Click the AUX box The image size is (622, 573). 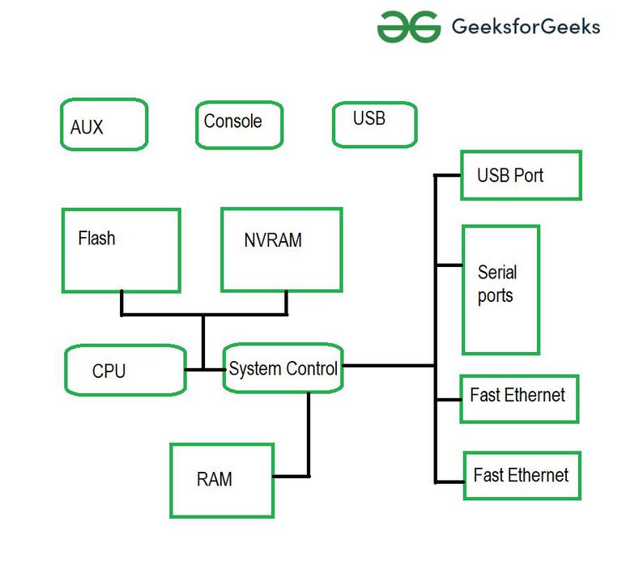tap(104, 125)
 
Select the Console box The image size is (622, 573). tap(239, 124)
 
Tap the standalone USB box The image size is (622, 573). tap(374, 124)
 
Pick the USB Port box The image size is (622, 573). tap(521, 175)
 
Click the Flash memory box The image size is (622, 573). tap(121, 250)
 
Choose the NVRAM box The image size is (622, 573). tap(281, 248)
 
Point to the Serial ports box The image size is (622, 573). tap(501, 290)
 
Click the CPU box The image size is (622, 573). tap(125, 370)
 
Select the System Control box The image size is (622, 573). tap(283, 369)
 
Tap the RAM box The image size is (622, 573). tap(221, 479)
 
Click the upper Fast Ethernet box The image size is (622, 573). tap(518, 398)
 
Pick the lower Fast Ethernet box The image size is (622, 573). tap(522, 475)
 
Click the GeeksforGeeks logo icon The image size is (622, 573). tap(408, 26)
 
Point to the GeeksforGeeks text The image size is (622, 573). tap(526, 27)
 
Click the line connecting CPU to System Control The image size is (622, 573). tap(204, 370)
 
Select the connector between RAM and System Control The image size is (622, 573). tap(308, 437)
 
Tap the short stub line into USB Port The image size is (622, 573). tap(448, 175)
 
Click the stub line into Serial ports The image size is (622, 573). tap(448, 265)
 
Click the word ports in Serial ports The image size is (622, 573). tap(495, 296)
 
